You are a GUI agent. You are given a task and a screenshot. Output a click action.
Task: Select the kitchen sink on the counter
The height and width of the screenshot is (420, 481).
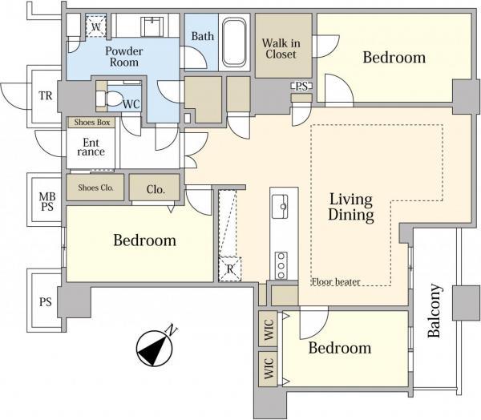tap(280, 206)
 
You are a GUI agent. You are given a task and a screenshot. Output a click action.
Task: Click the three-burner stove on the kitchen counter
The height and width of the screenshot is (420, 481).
tap(281, 265)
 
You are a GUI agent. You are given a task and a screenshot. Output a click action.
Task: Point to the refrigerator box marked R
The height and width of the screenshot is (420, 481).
tap(230, 269)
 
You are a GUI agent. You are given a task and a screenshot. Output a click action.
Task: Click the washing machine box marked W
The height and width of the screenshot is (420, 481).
tap(95, 26)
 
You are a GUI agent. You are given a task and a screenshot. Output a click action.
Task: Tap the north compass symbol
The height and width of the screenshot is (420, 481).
tap(155, 347)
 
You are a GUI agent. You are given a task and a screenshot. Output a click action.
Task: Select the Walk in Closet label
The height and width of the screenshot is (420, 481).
tap(281, 48)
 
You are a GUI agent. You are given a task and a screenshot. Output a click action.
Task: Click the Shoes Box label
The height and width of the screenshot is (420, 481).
tap(91, 123)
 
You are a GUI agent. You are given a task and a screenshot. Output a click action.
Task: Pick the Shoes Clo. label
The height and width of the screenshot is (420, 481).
tap(95, 188)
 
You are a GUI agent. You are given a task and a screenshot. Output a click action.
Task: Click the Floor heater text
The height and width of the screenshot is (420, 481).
tap(336, 281)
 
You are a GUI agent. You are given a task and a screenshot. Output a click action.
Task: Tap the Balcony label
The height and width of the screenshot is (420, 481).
tap(435, 311)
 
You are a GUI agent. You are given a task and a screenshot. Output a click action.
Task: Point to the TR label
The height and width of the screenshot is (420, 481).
tap(46, 95)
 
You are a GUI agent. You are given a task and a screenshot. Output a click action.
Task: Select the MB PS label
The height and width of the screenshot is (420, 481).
tap(47, 201)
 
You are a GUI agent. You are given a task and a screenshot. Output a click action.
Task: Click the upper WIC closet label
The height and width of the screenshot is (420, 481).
tap(269, 329)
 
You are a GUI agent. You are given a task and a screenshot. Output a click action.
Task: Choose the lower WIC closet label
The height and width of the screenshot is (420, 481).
tap(269, 369)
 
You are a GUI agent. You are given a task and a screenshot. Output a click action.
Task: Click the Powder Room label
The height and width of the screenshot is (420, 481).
tap(124, 56)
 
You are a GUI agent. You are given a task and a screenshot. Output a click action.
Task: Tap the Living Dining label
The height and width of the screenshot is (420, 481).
tap(351, 207)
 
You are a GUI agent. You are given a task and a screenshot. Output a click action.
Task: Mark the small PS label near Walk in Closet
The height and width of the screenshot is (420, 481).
tap(301, 87)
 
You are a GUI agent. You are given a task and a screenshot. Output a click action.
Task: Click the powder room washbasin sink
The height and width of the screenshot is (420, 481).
tap(152, 26)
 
